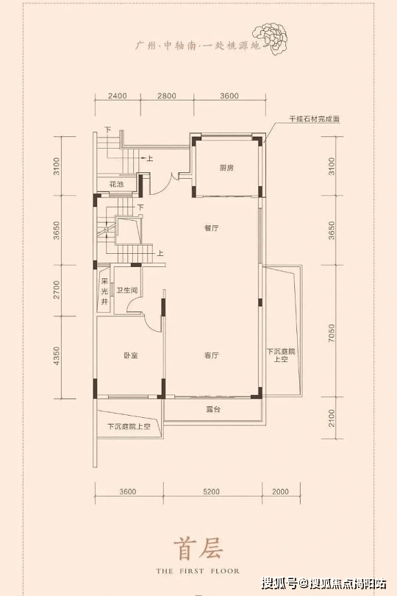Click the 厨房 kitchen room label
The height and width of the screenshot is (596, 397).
226,168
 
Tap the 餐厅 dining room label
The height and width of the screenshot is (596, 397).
211,228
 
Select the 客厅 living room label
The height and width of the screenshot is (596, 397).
211,355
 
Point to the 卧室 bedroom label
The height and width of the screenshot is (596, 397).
130,355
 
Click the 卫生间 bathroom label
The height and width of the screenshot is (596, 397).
127,291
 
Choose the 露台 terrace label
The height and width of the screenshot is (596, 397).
213,410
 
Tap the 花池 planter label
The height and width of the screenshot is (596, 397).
116,185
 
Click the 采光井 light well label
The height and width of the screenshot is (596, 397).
104,292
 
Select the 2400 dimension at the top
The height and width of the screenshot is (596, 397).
117,96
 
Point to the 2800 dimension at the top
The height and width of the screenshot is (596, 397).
166,96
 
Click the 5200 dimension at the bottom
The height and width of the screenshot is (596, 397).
211,492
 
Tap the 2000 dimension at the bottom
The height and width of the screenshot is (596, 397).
280,492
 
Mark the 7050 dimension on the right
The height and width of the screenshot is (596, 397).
332,333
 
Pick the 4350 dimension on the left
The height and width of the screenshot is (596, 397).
57,356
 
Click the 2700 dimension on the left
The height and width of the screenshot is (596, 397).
57,290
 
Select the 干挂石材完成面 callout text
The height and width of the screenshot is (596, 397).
314,119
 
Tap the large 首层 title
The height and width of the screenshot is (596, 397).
198,549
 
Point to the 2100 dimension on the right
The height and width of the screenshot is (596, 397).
332,418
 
